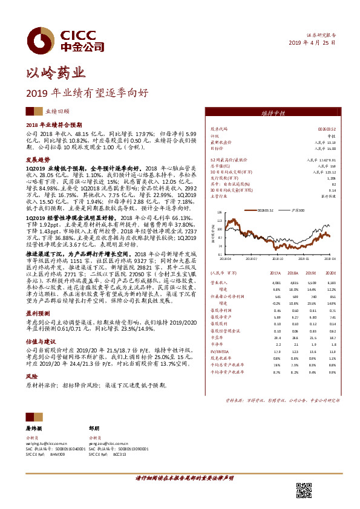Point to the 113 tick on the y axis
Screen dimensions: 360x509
tap(220, 220)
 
